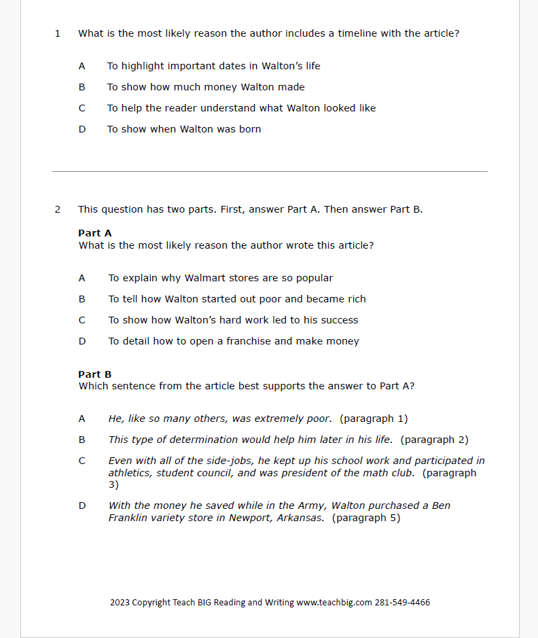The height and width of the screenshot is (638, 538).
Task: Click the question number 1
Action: (58, 33)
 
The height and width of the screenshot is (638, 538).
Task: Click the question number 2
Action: (58, 209)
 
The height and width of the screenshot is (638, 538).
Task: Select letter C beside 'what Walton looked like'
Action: (82, 108)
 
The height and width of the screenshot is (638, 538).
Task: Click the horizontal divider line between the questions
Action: (270, 172)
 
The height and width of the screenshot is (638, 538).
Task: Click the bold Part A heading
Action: (95, 233)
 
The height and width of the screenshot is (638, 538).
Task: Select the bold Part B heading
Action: (95, 374)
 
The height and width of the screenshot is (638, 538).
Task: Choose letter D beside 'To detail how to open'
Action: (82, 341)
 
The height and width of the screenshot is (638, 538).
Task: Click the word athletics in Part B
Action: (130, 473)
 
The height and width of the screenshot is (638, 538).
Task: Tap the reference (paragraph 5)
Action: (366, 518)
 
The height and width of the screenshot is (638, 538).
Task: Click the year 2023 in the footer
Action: (120, 603)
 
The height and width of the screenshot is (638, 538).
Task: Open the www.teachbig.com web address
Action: (334, 603)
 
